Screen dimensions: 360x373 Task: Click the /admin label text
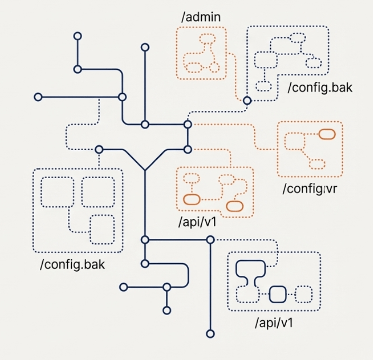[201, 16]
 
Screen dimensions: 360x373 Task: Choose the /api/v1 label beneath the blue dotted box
[273, 323]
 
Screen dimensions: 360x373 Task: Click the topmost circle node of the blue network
[78, 36]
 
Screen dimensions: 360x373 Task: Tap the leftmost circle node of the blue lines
[38, 97]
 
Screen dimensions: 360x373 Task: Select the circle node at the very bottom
[210, 333]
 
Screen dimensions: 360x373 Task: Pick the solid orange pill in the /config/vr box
[327, 134]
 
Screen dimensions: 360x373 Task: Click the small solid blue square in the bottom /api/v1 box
[278, 294]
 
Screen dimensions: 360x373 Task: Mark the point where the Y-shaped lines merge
[145, 170]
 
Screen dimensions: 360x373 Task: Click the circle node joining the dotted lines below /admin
[247, 101]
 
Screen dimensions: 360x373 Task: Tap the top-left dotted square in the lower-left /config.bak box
[56, 191]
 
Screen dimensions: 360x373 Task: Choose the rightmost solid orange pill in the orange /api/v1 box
[234, 206]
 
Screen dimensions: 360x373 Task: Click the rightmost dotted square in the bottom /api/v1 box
[304, 294]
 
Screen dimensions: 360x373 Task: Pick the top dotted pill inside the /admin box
[208, 38]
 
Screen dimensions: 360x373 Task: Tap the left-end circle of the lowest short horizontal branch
[123, 287]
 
